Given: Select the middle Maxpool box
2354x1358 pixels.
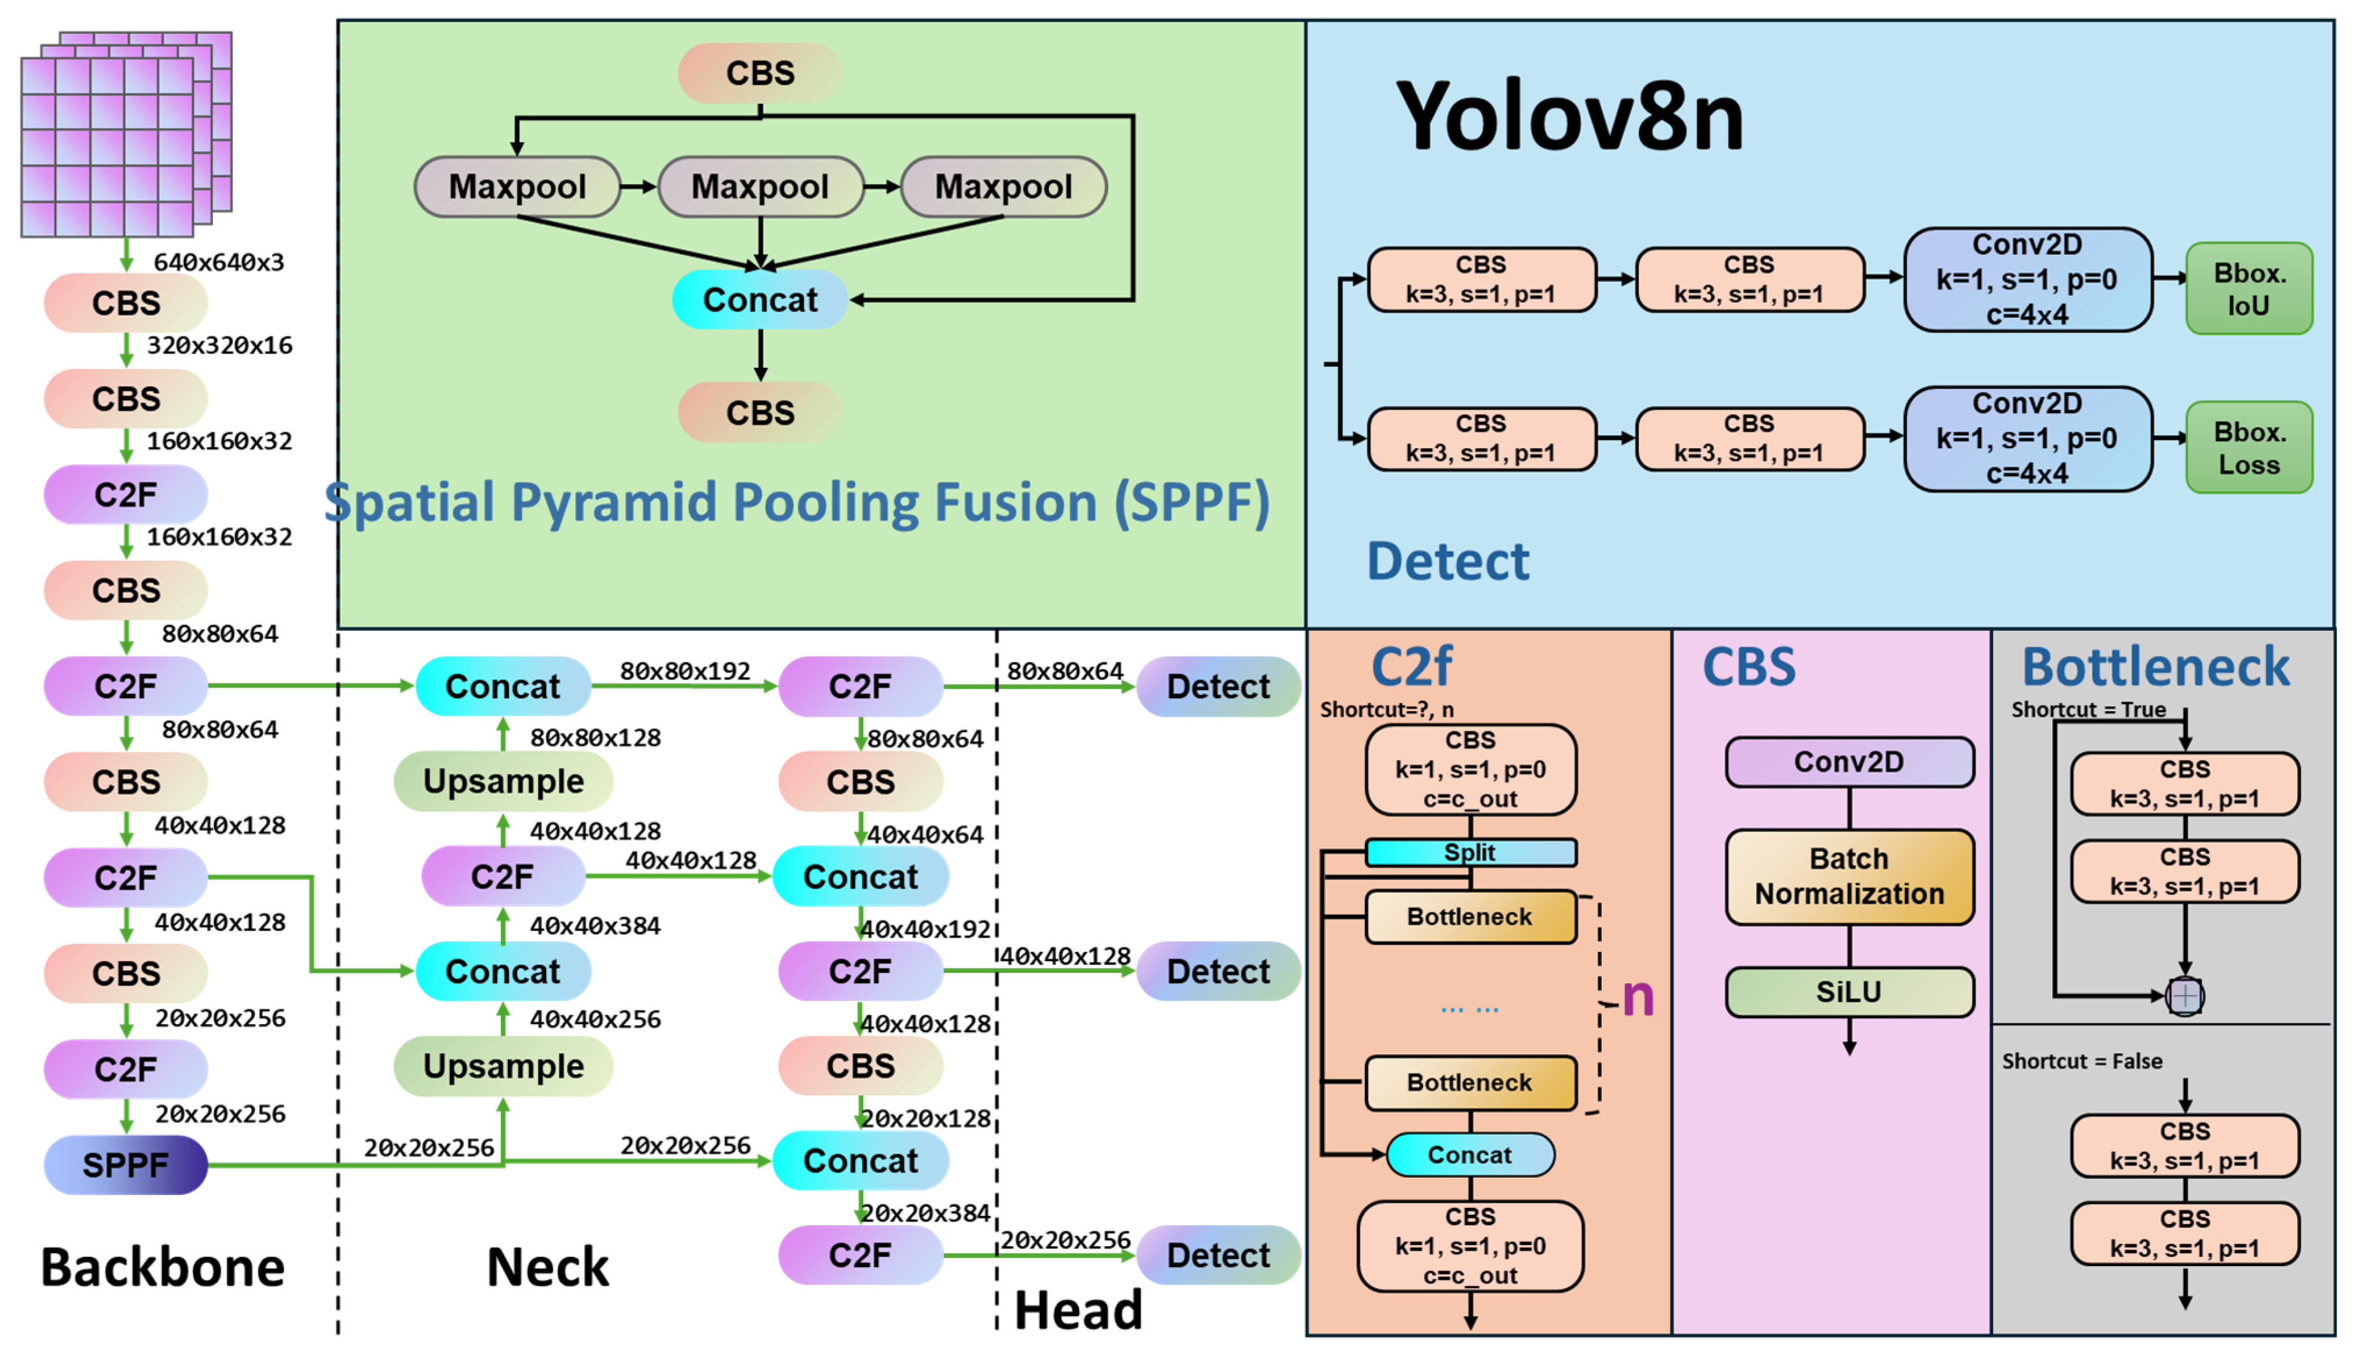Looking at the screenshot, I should click(x=760, y=186).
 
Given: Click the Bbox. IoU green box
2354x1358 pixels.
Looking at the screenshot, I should click(x=2248, y=289).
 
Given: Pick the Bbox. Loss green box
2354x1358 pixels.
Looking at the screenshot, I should click(x=2248, y=448).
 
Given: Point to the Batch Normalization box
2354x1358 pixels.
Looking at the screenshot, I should click(x=1849, y=877).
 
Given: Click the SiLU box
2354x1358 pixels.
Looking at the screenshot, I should click(x=1849, y=991).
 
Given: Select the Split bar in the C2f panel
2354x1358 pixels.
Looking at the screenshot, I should click(x=1470, y=852).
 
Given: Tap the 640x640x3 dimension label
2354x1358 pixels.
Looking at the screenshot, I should click(x=218, y=262).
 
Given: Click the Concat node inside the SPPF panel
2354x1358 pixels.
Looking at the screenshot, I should click(x=760, y=299).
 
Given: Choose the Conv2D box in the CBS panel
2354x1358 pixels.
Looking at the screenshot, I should click(x=1849, y=762).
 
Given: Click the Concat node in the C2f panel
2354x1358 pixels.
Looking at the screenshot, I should click(x=1470, y=1155).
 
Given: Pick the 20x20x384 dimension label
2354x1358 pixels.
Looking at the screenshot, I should click(x=925, y=1212).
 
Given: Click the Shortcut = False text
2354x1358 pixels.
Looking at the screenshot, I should click(x=2082, y=1062).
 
